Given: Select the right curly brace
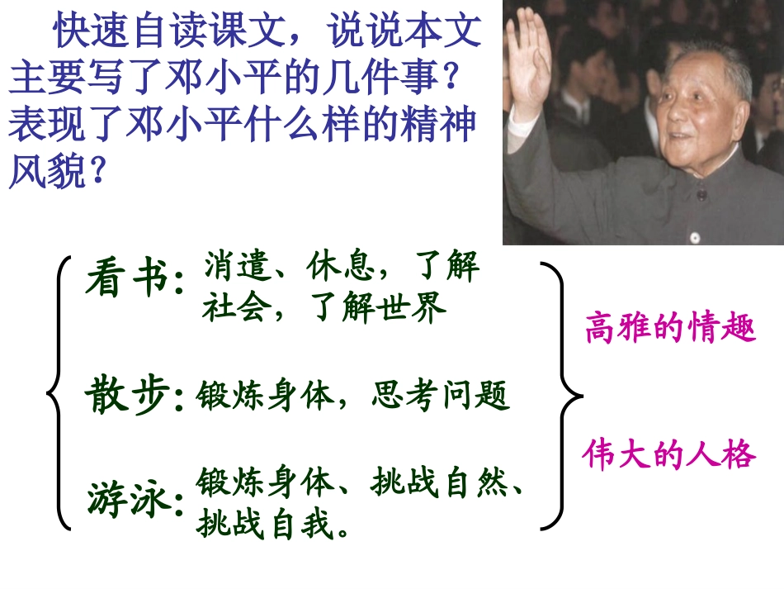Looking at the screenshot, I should pyautogui.click(x=561, y=395).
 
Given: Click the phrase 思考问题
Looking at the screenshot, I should pyautogui.click(x=441, y=397).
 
